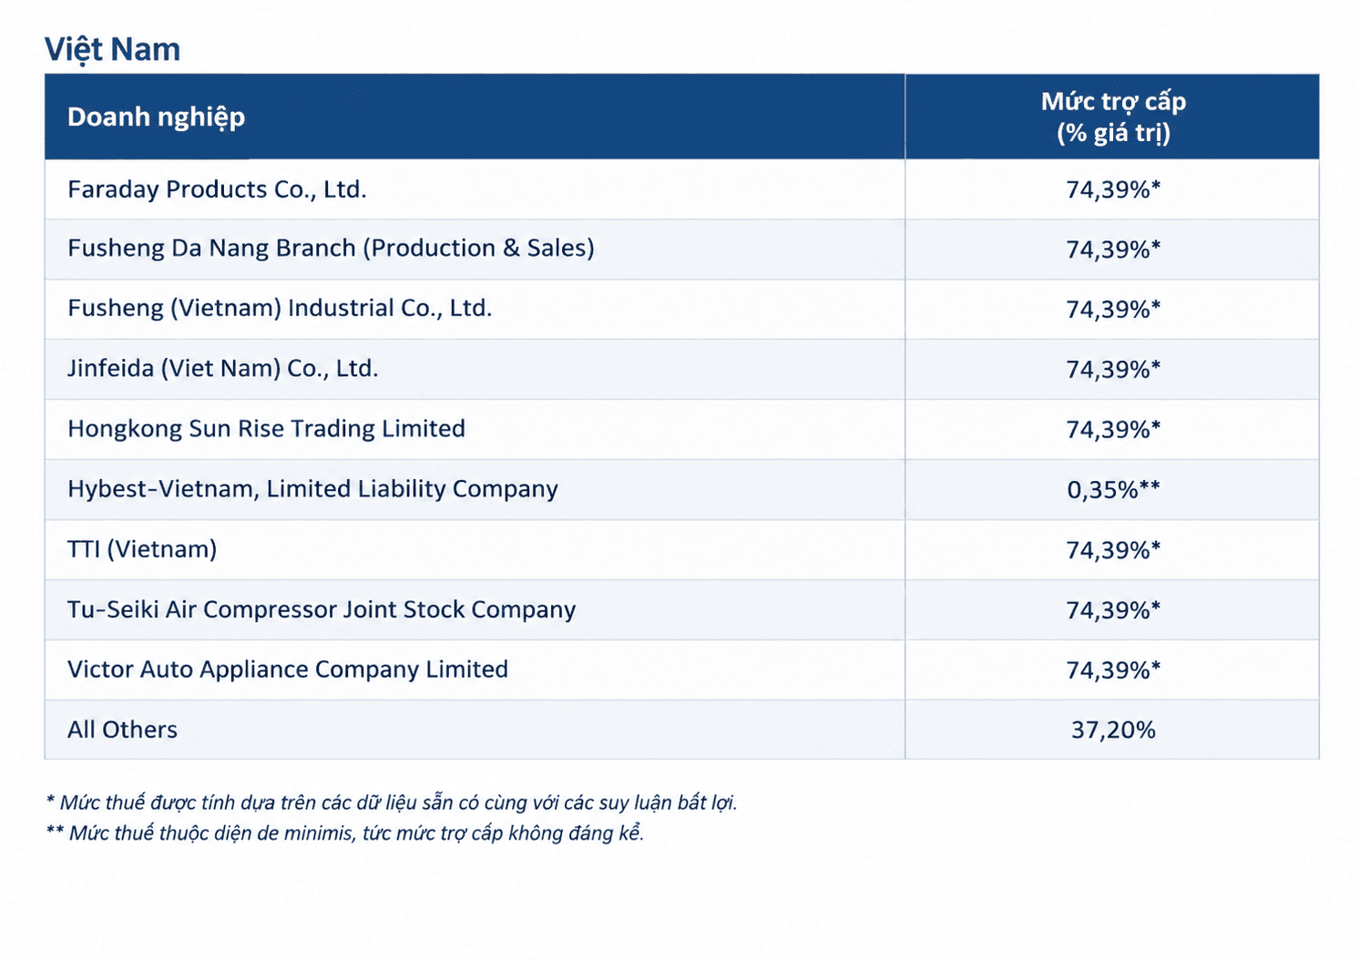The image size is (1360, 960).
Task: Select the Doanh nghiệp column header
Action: pos(156,117)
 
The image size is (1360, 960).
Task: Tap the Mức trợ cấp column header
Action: pos(1113,117)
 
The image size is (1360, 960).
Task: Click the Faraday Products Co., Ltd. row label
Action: pos(217,189)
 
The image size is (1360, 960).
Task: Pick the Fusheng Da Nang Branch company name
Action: pos(331,249)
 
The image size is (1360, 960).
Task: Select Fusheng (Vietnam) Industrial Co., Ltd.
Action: pos(280,309)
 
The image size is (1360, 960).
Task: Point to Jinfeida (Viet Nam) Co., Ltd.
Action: pos(223,369)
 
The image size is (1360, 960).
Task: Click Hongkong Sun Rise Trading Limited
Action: pos(267,429)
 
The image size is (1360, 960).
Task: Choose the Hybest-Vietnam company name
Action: pos(312,489)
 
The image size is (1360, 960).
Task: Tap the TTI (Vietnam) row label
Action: pos(142,549)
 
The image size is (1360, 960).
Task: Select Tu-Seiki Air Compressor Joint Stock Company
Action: pos(322,609)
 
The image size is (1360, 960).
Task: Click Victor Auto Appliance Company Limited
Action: pos(288,669)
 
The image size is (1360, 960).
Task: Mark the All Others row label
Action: pos(123,730)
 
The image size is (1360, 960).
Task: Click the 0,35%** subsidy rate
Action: pos(1113,489)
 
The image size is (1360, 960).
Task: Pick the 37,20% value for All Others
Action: pos(1113,730)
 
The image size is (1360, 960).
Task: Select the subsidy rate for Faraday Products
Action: pos(1113,190)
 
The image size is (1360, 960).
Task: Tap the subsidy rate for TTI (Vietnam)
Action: pos(1113,550)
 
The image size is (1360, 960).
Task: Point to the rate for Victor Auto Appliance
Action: pos(1113,670)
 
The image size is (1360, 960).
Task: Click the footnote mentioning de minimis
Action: pos(345,833)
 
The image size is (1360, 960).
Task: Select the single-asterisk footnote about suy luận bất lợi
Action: pos(392,802)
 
